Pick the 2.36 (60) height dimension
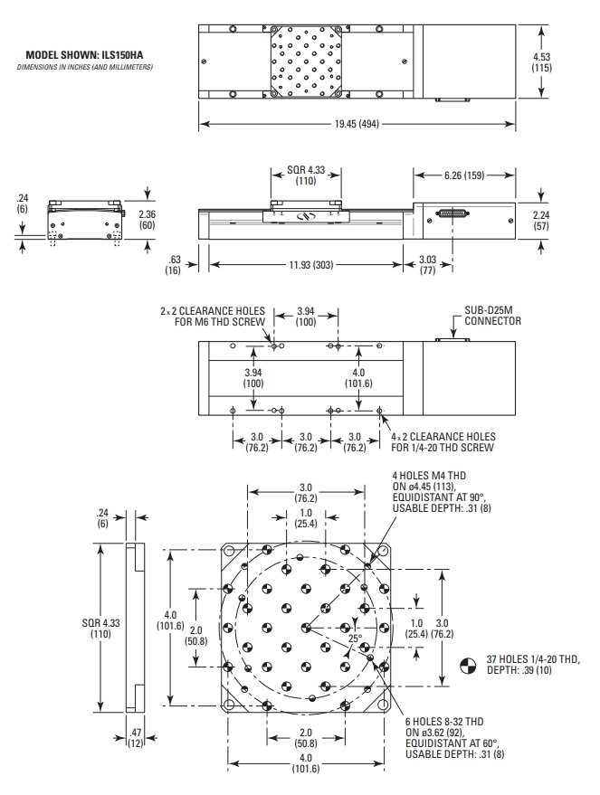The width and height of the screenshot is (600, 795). click(148, 219)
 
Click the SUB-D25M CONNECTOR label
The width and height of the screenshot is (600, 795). click(492, 316)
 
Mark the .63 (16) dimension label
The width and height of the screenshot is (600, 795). click(174, 264)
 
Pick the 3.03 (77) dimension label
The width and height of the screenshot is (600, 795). click(426, 264)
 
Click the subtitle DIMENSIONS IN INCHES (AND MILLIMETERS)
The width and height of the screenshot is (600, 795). click(90, 67)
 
